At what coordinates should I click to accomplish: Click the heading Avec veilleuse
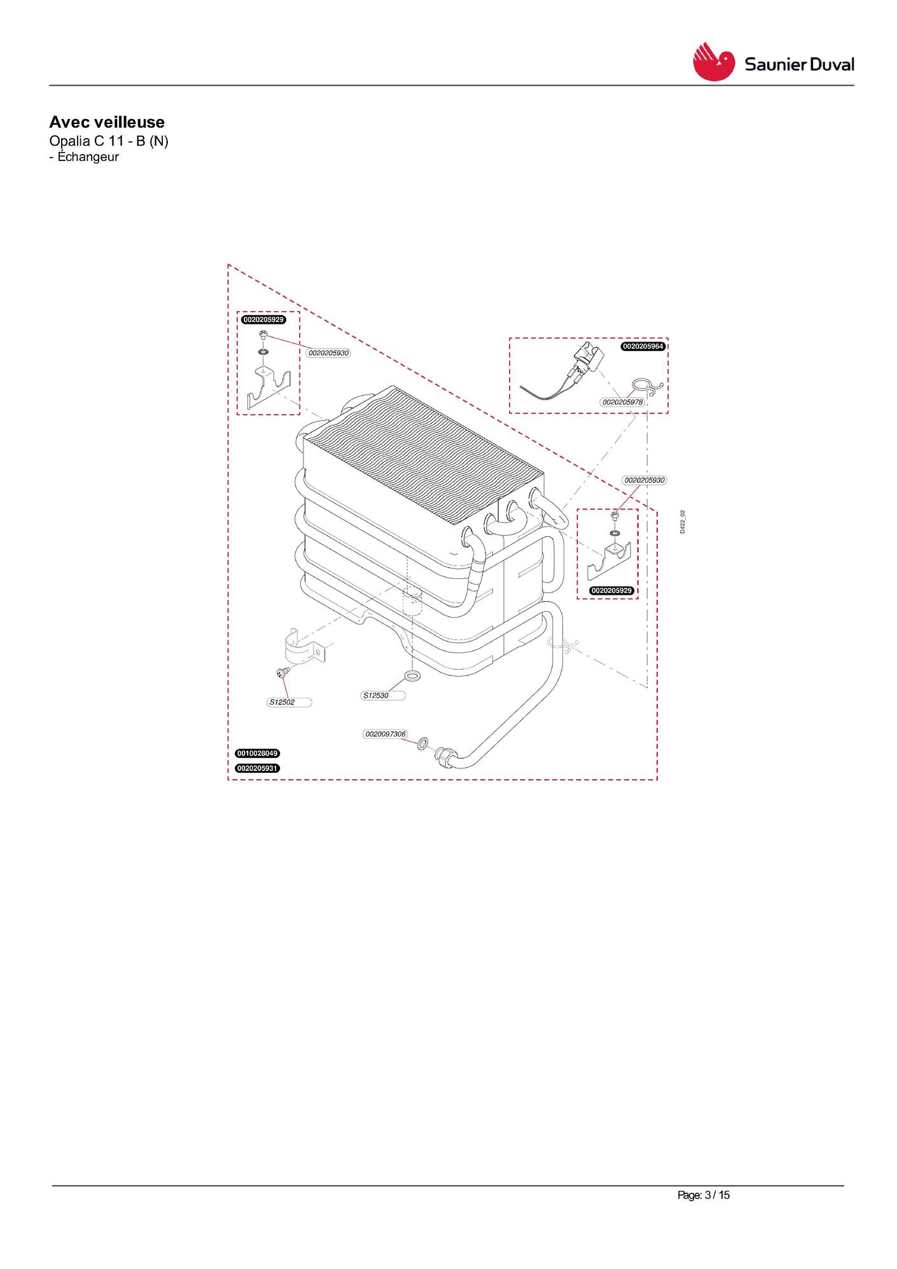tap(107, 122)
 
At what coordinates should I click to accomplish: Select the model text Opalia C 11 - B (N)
tap(109, 141)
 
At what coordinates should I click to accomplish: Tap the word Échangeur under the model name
tap(88, 156)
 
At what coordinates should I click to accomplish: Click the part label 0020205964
tap(643, 347)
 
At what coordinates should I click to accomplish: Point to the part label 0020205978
tap(623, 402)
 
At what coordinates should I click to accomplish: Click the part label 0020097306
tap(386, 734)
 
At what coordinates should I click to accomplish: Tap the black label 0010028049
tap(258, 753)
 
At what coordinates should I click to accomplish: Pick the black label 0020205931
tap(258, 768)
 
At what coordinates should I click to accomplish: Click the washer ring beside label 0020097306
tap(423, 743)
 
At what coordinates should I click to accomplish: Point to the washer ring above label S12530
tap(412, 674)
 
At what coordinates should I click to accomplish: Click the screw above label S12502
tap(283, 672)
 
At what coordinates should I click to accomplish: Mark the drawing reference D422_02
tap(682, 522)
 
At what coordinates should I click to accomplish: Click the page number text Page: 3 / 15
tap(704, 1195)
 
